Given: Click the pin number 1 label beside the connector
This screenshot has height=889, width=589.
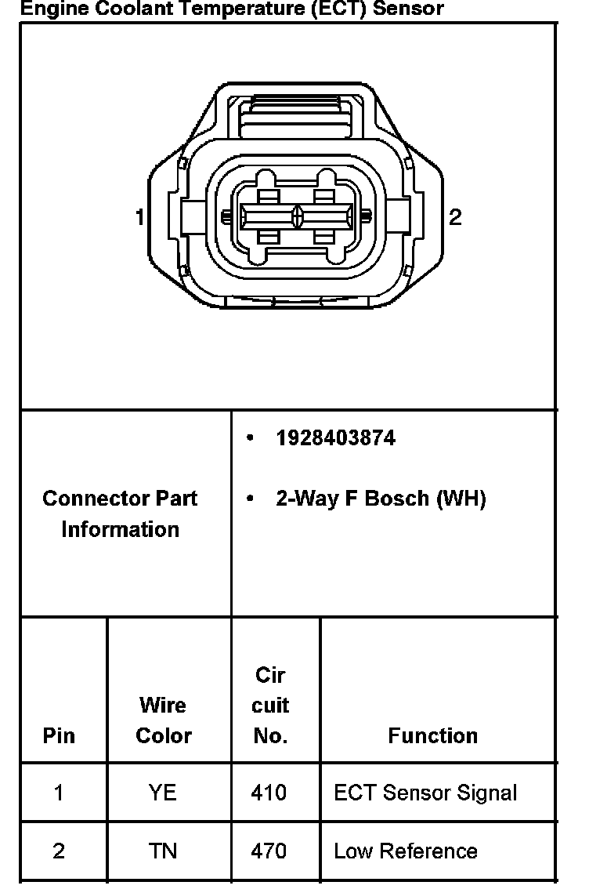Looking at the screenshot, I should click(139, 216).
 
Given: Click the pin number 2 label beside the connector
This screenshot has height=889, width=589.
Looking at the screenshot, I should click(455, 217).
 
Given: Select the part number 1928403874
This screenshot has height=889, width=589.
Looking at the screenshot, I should click(335, 438).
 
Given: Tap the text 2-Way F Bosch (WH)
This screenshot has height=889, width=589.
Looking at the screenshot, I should click(381, 499).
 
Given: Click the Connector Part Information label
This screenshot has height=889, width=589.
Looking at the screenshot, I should click(120, 513).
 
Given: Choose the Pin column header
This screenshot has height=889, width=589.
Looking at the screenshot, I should click(59, 735).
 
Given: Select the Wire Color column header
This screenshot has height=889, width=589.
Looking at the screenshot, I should click(163, 720).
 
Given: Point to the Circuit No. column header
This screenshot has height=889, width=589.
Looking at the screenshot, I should click(270, 705).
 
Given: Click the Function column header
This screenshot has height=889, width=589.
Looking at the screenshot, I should click(432, 735).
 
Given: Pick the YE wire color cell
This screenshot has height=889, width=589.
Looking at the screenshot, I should click(163, 793).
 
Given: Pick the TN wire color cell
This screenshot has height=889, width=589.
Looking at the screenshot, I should click(163, 851).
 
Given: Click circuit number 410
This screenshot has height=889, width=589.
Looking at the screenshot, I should click(269, 793).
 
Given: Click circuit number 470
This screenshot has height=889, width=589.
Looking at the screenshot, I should click(269, 851).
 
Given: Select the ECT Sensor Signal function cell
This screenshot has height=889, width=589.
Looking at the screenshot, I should click(425, 793).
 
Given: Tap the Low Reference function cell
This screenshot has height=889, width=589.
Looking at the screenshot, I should click(406, 851).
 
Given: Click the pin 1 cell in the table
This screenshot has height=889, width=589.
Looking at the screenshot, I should click(59, 793).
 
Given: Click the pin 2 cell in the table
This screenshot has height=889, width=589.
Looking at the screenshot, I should click(59, 851).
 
